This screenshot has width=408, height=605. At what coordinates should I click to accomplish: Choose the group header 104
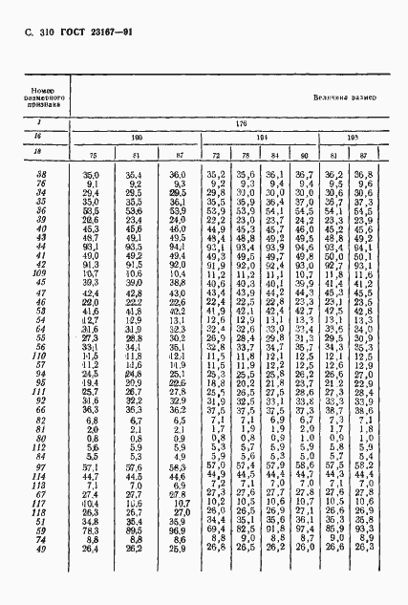[261, 138]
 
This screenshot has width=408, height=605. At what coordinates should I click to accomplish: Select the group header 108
[351, 138]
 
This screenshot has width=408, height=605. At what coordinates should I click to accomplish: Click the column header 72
[217, 155]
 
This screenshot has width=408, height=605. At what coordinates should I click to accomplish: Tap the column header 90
[305, 155]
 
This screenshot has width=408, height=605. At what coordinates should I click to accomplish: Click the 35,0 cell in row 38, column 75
[92, 175]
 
